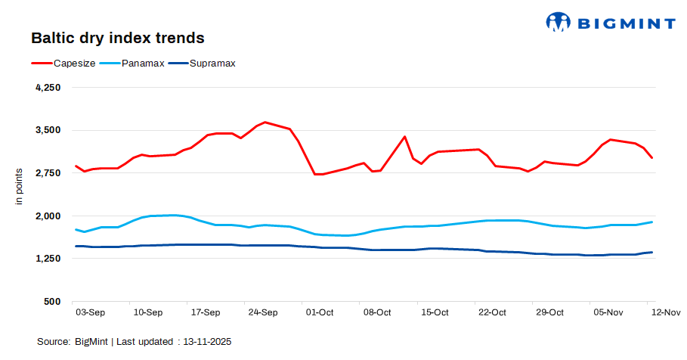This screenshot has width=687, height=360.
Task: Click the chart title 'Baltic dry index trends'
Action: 117,37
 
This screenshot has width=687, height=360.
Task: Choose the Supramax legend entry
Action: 212,64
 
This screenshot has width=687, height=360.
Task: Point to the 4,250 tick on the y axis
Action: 48,88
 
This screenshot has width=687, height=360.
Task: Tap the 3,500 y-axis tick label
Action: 48,130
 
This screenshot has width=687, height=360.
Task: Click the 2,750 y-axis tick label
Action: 48,173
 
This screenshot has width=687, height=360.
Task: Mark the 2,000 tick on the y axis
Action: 48,216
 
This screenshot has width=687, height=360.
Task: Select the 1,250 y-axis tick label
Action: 48,259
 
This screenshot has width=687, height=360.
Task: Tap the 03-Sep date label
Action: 91,312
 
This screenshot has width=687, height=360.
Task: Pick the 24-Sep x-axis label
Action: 263,312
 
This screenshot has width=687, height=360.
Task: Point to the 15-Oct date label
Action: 435,312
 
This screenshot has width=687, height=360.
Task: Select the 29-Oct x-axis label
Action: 550,312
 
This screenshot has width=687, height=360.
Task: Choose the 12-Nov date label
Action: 665,312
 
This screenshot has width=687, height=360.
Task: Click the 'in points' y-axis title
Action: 20,187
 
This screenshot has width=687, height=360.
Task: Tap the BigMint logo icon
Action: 558,22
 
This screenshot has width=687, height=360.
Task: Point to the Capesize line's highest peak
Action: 265,122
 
